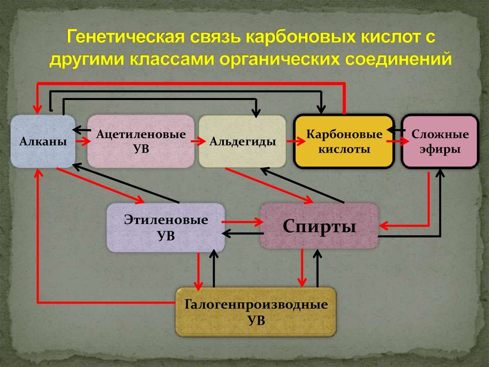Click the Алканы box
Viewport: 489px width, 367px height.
click(x=43, y=141)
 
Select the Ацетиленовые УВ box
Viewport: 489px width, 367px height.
click(x=140, y=141)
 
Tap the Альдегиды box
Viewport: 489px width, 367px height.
click(x=242, y=141)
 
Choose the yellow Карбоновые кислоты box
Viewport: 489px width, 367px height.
click(x=344, y=141)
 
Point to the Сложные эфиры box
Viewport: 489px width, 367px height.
click(x=440, y=141)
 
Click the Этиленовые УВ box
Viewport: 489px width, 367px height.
click(x=166, y=228)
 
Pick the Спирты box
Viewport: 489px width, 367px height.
click(x=319, y=226)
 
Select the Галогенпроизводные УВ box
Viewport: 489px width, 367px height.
click(x=255, y=312)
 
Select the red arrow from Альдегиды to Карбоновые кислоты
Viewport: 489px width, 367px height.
click(x=296, y=141)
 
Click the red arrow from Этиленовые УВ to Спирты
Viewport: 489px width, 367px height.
click(x=243, y=222)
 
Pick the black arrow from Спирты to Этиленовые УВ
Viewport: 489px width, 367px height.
click(x=243, y=234)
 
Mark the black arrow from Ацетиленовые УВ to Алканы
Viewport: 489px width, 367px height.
click(x=82, y=130)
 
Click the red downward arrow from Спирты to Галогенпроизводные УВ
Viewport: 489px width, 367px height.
click(x=302, y=269)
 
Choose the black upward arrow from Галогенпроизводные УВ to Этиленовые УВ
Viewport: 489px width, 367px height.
click(x=213, y=269)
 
